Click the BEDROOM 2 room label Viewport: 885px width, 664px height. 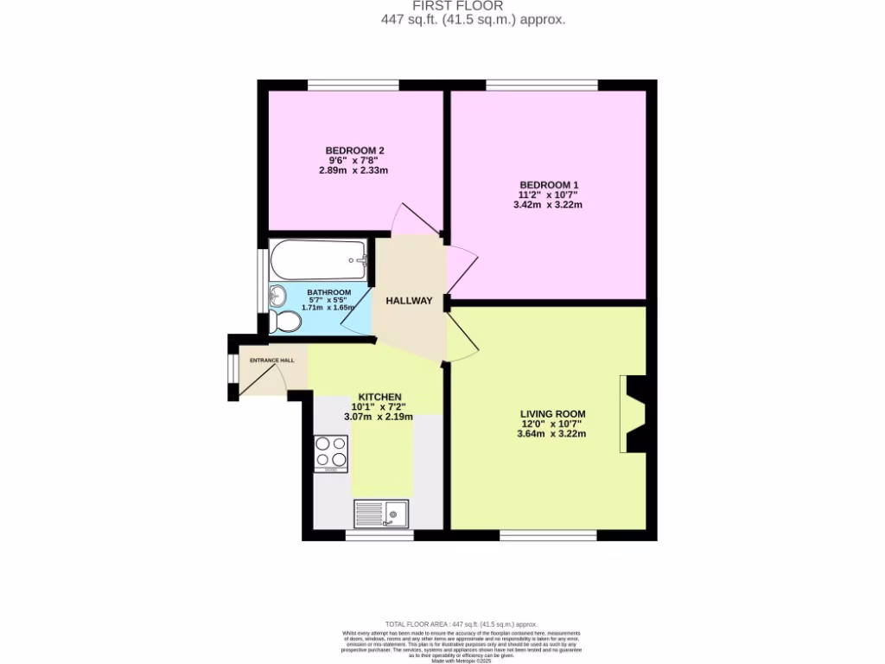pyautogui.click(x=354, y=150)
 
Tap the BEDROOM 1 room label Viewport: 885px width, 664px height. pyautogui.click(x=549, y=185)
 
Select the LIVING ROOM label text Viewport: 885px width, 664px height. pyautogui.click(x=552, y=414)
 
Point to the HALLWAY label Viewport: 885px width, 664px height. pyautogui.click(x=409, y=301)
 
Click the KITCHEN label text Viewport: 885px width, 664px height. pyautogui.click(x=377, y=397)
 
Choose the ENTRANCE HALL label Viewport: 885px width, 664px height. pyautogui.click(x=271, y=360)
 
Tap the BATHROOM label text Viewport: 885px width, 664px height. pyautogui.click(x=328, y=292)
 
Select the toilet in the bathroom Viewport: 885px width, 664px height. pyautogui.click(x=283, y=322)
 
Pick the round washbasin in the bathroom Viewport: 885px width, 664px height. pyautogui.click(x=277, y=296)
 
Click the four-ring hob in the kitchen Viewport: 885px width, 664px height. pyautogui.click(x=330, y=451)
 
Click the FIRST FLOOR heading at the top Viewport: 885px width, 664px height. pyautogui.click(x=473, y=6)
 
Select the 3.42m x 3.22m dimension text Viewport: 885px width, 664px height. pyautogui.click(x=549, y=205)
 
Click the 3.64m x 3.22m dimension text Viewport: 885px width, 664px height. pyautogui.click(x=551, y=434)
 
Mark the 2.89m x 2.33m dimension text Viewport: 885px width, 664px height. pyautogui.click(x=353, y=170)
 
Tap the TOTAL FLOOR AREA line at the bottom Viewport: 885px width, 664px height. pyautogui.click(x=461, y=623)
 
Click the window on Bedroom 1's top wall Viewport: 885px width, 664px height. pyautogui.click(x=541, y=85)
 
